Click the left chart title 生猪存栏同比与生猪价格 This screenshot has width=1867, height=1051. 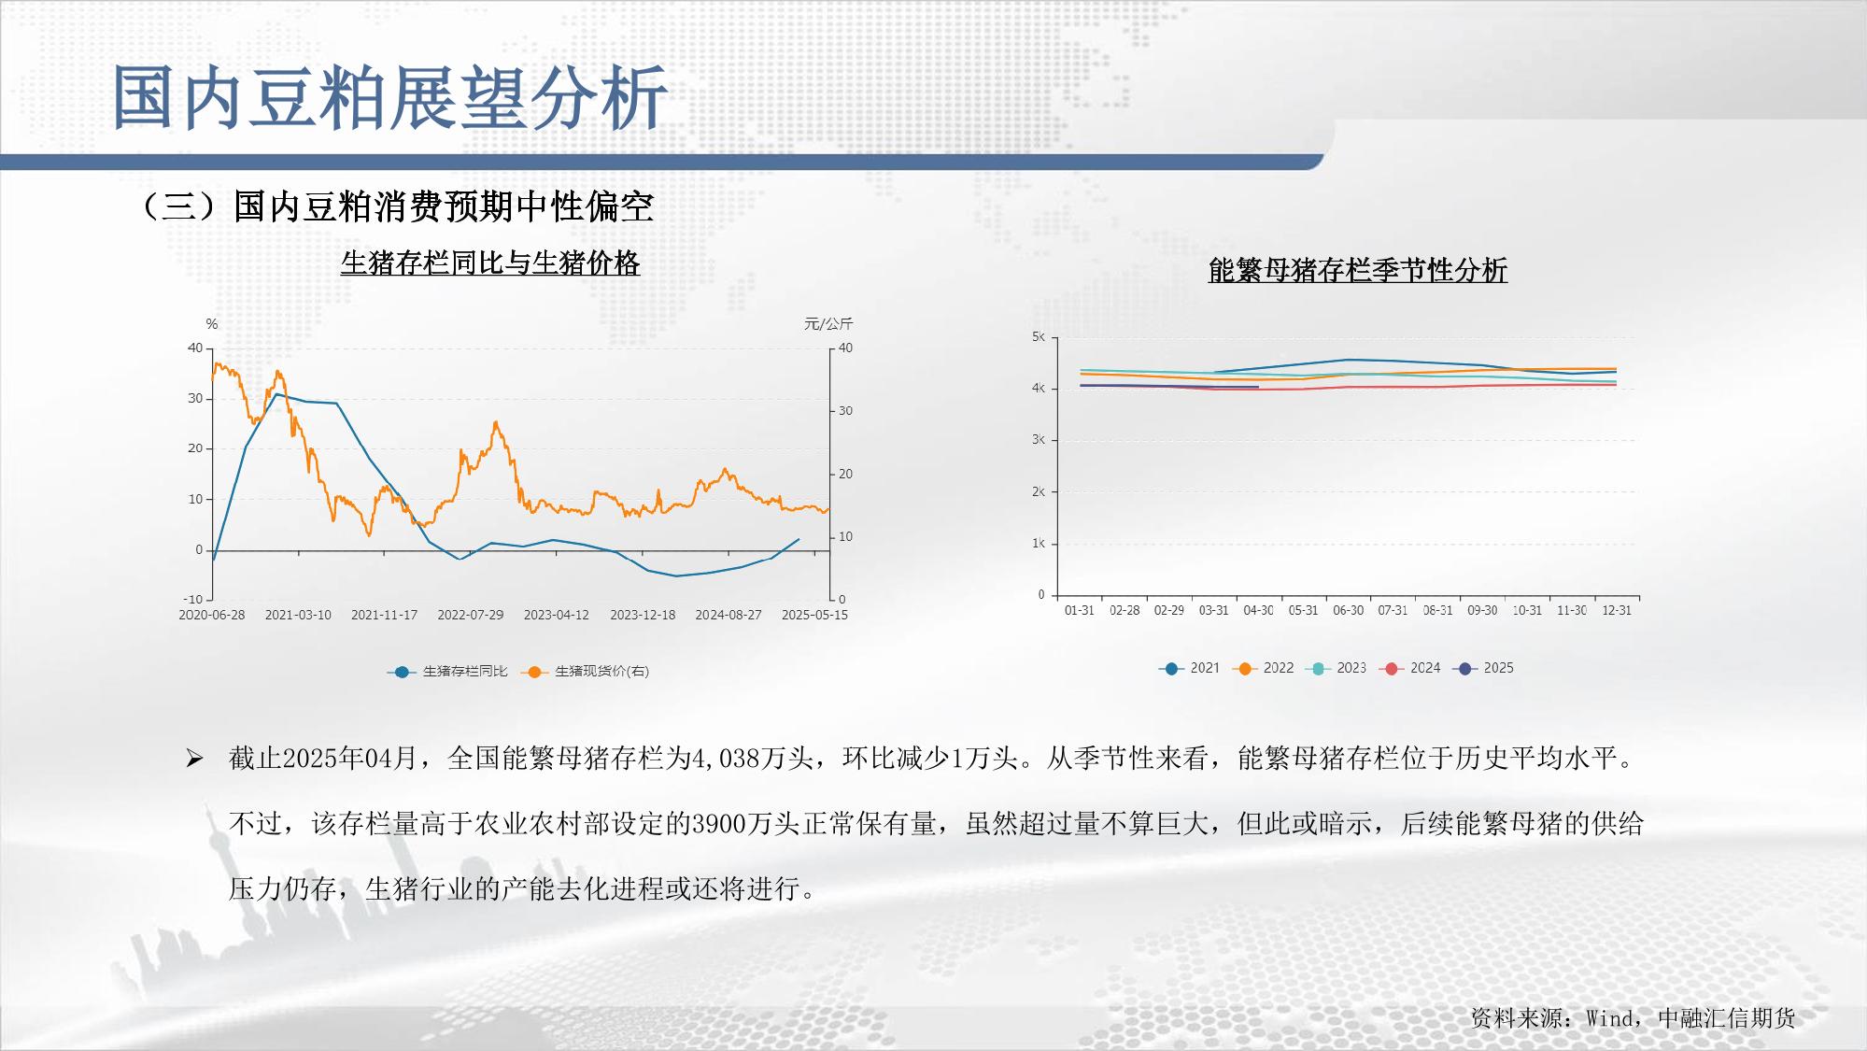click(490, 263)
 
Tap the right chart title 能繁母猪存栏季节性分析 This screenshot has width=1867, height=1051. click(1358, 270)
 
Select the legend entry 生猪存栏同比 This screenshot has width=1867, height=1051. click(447, 671)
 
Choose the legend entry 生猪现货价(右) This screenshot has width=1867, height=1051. click(588, 671)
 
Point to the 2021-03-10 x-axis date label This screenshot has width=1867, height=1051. click(298, 615)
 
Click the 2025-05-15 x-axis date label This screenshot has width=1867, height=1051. click(814, 615)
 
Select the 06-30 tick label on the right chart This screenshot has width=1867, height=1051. click(1348, 610)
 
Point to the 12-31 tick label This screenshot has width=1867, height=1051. click(1617, 610)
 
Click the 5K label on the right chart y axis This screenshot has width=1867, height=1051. click(1039, 337)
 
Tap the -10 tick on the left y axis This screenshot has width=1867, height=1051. click(192, 599)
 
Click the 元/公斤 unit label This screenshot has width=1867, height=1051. click(828, 324)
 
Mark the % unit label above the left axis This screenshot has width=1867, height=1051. click(212, 324)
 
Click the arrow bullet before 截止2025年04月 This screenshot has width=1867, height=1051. click(194, 759)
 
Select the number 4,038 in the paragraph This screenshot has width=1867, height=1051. click(726, 758)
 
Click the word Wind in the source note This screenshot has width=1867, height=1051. click(1610, 1018)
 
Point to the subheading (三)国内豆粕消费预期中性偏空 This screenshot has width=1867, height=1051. click(396, 206)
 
